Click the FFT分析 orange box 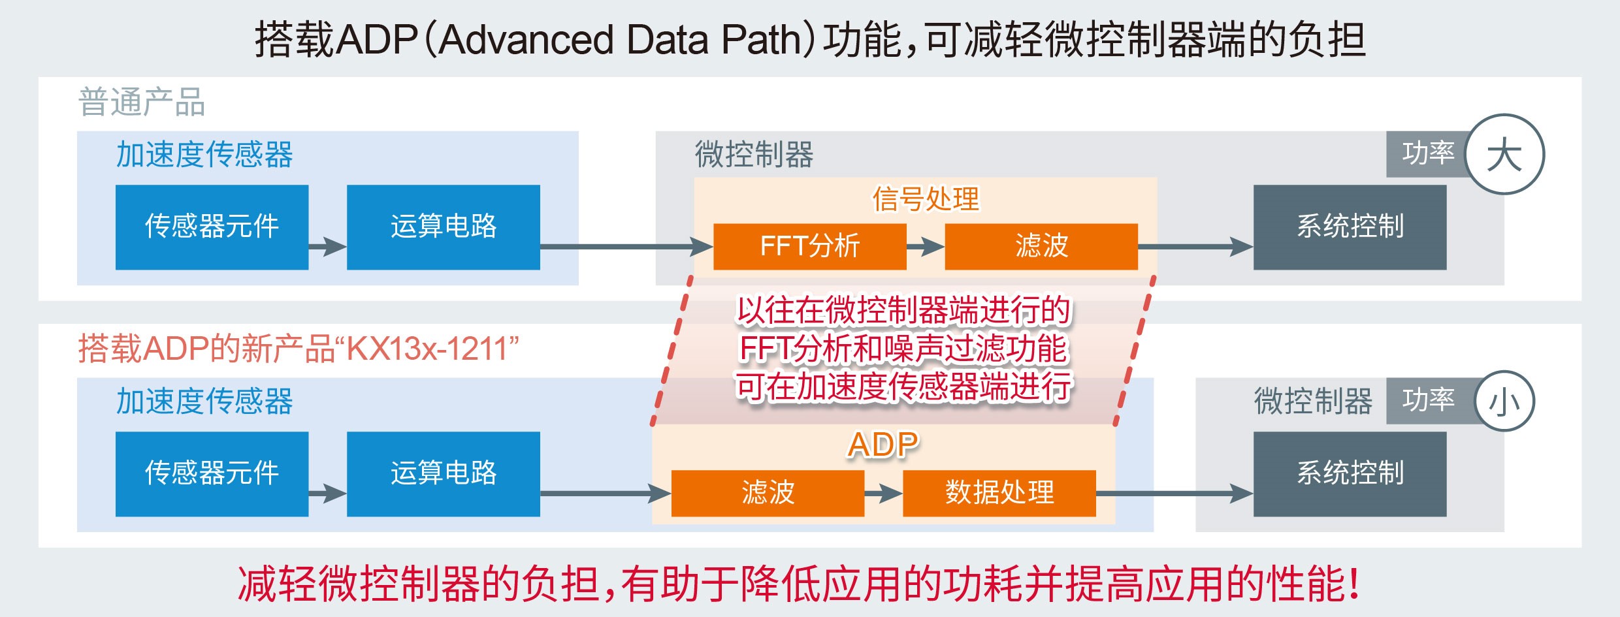pos(809,246)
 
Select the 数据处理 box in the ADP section pos(999,493)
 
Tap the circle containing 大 pos(1504,155)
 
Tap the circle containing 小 pos(1504,401)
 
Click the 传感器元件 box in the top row pos(212,227)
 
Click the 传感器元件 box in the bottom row pos(212,473)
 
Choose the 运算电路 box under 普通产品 pos(443,227)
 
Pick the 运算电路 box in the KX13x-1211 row pos(443,473)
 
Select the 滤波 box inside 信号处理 pos(1041,246)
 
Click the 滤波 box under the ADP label pos(768,493)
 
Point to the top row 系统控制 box pos(1350,227)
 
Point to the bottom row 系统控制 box pos(1350,473)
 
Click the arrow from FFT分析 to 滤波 pos(926,247)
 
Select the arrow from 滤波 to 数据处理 pos(884,494)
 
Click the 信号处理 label pos(926,199)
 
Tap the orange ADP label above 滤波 pos(883,445)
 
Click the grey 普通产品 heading pos(142,103)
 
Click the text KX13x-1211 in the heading pos(427,349)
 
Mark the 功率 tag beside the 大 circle pos(1428,154)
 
